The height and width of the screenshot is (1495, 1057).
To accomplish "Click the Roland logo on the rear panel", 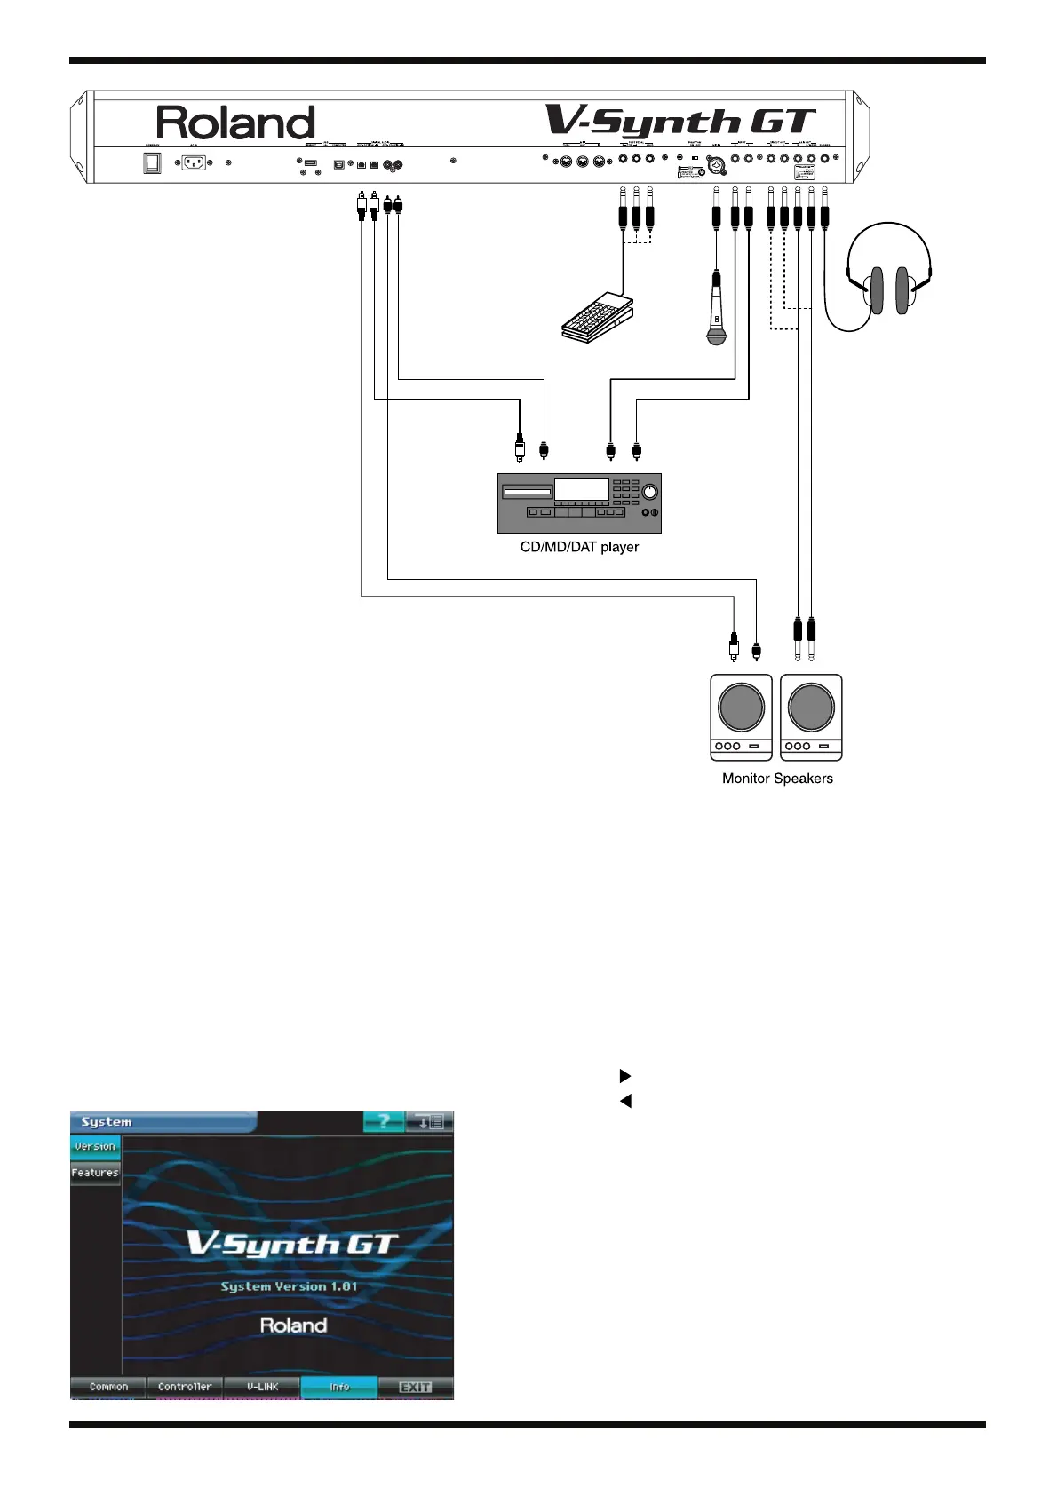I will coord(235,123).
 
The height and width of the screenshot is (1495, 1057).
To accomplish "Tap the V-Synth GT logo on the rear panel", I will coord(680,123).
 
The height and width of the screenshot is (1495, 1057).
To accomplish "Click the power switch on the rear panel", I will coord(153,163).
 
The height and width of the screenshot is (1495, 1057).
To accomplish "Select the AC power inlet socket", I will coord(194,163).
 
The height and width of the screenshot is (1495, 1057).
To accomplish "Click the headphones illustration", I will coord(889,275).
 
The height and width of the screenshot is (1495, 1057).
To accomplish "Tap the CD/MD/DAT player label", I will coord(579,547).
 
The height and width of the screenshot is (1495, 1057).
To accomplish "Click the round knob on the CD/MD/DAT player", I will coord(650,492).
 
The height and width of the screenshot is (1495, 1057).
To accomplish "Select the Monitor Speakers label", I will coord(777,779).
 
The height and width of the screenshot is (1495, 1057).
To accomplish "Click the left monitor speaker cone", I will coord(741,708).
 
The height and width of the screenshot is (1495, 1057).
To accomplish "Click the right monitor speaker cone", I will coord(810,708).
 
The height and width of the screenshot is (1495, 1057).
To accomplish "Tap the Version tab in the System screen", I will coord(95,1146).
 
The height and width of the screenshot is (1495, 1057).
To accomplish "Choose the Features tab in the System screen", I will coord(95,1173).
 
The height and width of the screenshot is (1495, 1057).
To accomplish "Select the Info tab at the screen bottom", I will coord(339,1387).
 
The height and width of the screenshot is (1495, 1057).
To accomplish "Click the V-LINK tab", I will coord(262,1387).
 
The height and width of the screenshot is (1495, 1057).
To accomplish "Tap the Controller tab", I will coord(185,1387).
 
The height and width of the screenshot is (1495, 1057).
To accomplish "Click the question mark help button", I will coord(384,1122).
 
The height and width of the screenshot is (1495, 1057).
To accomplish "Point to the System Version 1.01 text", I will coord(289,1286).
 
